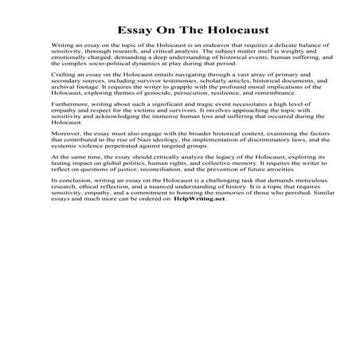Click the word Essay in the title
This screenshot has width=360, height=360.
130,31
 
